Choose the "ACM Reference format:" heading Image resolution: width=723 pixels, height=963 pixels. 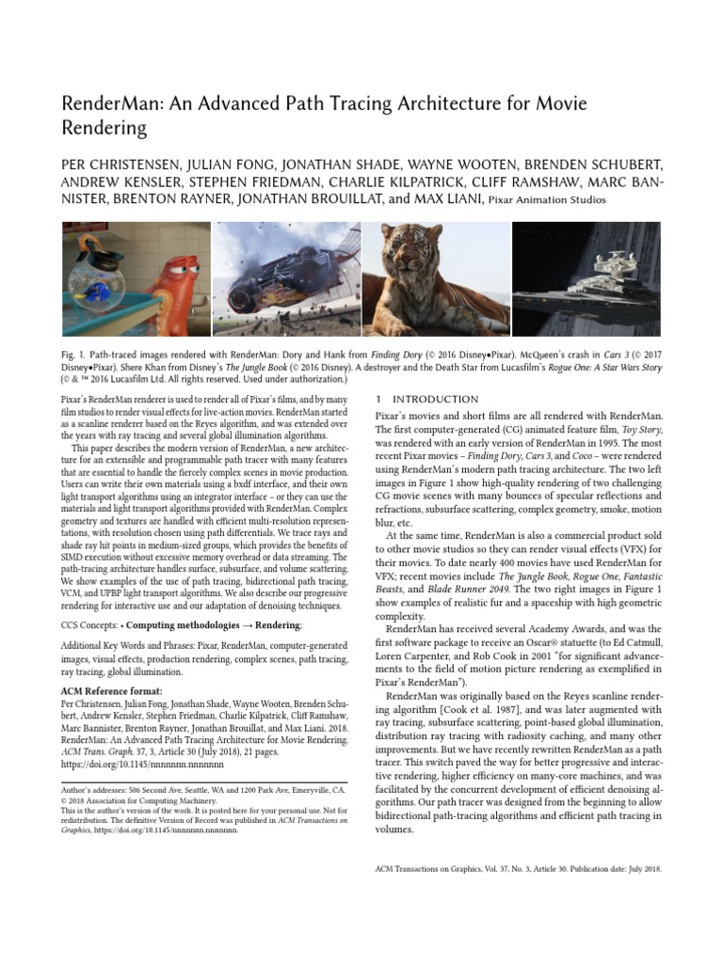point(104,690)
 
